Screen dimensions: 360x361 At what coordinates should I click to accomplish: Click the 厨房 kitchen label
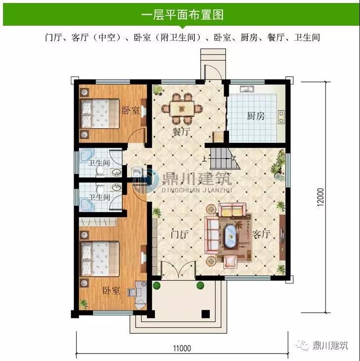pyautogui.click(x=256, y=116)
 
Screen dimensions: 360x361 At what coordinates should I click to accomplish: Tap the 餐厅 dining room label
pyautogui.click(x=181, y=132)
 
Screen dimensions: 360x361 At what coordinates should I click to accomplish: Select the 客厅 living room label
pyautogui.click(x=261, y=234)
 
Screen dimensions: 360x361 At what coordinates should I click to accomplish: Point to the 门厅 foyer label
pyautogui.click(x=180, y=234)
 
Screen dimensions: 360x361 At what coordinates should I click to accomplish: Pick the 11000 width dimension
pyautogui.click(x=182, y=348)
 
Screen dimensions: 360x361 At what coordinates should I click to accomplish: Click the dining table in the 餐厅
pyautogui.click(x=182, y=108)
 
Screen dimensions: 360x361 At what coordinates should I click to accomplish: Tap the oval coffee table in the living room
pyautogui.click(x=230, y=236)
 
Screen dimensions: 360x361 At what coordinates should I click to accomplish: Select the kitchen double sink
pyautogui.click(x=247, y=89)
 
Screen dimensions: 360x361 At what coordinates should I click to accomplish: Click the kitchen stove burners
pyautogui.click(x=281, y=117)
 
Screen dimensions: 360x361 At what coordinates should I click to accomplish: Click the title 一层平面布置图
pyautogui.click(x=182, y=15)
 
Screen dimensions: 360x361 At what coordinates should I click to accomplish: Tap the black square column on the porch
pyautogui.click(x=206, y=314)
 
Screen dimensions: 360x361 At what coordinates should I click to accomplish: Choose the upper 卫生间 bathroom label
pyautogui.click(x=99, y=163)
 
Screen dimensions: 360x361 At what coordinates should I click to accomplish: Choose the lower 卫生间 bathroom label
pyautogui.click(x=99, y=197)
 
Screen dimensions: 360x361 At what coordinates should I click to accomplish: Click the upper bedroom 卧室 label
pyautogui.click(x=131, y=110)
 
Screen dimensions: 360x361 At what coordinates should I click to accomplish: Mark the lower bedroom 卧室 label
pyautogui.click(x=111, y=291)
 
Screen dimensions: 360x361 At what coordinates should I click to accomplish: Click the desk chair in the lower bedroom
pyautogui.click(x=132, y=292)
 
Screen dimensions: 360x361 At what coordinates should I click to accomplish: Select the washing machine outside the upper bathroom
pyautogui.click(x=136, y=172)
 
